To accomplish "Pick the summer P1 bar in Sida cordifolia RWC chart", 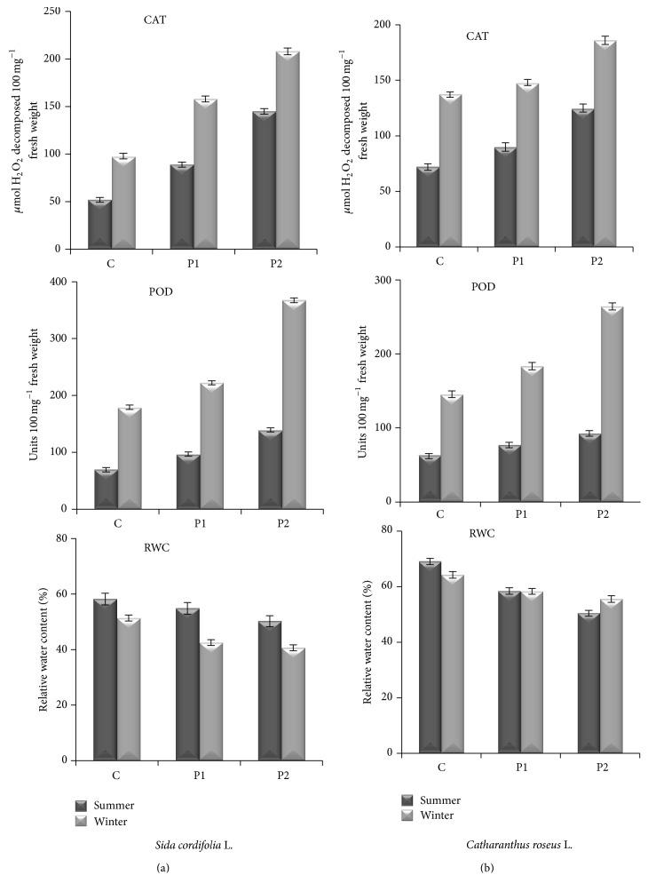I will point(182,684).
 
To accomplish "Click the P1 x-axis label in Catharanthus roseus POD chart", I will point(517,514).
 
